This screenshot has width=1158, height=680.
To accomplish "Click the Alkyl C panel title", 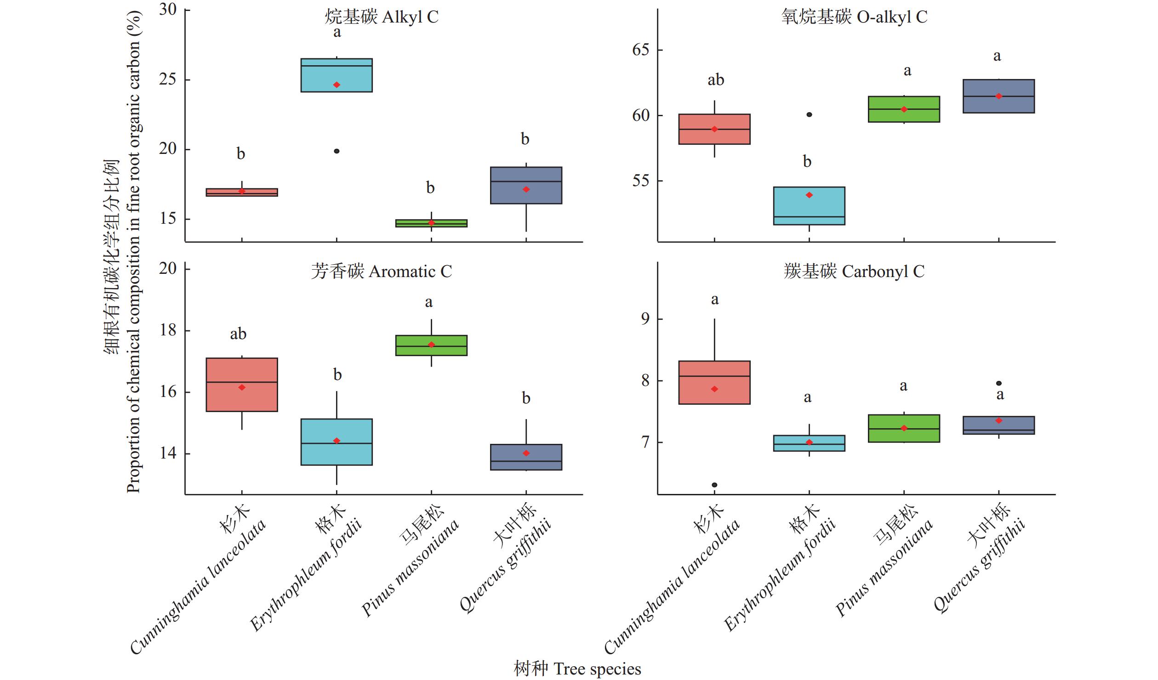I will tap(382, 17).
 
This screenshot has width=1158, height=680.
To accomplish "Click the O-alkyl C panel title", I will tap(854, 17).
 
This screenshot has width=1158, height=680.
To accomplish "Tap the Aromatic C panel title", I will tap(382, 272).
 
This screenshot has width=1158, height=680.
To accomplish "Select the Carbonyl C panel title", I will tap(854, 272).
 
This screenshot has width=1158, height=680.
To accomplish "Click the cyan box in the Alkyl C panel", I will tap(337, 75).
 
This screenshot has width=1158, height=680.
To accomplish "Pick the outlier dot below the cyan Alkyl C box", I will tap(337, 151).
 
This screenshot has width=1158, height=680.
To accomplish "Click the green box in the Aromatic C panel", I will tap(431, 346).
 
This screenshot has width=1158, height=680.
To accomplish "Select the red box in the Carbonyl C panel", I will tap(714, 382).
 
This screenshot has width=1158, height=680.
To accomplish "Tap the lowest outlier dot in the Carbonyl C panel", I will tap(714, 485).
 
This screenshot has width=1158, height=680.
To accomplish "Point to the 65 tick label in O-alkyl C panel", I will tap(641, 50).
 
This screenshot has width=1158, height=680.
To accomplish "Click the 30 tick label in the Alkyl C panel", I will tap(168, 10).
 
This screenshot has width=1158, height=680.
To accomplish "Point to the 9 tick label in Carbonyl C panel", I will tap(645, 319).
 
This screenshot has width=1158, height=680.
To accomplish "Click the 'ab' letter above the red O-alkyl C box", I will tap(716, 80).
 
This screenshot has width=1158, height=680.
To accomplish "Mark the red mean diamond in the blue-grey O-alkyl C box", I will tap(999, 96).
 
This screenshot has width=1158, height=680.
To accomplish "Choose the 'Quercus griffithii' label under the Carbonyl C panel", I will tap(979, 565).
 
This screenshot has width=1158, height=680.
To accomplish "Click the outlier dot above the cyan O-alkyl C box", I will tap(809, 114).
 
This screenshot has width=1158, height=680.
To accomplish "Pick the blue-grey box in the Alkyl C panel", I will tap(526, 185).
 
